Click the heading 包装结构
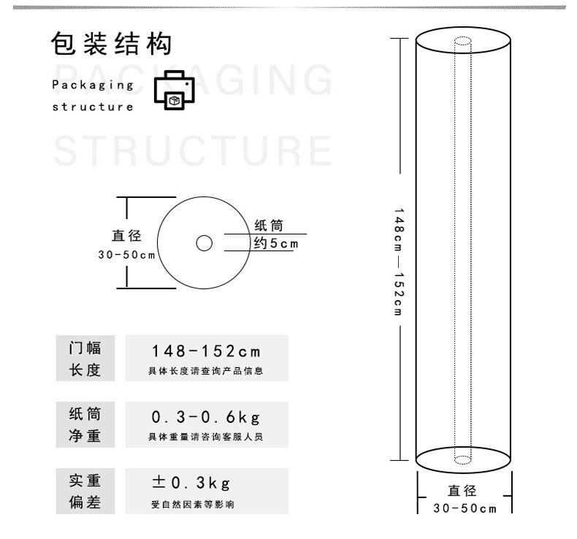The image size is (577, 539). click(x=111, y=43)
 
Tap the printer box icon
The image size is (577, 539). click(x=174, y=90)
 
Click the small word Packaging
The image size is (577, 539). click(x=93, y=85)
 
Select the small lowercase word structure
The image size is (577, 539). click(x=93, y=107)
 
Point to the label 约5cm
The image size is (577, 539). click(x=276, y=243)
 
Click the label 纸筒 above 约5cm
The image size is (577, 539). click(x=269, y=225)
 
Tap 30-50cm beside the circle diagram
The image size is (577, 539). click(x=126, y=255)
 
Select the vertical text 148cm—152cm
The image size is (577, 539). click(x=399, y=262)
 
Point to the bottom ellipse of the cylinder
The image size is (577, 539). click(x=463, y=473)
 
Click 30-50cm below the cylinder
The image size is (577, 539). click(x=465, y=508)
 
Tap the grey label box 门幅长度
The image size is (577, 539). click(x=85, y=358)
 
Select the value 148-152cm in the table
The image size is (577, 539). click(x=206, y=351)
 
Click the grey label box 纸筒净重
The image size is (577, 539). click(x=85, y=424)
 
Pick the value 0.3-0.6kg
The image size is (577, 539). click(x=206, y=417)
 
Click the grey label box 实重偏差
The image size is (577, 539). click(x=85, y=492)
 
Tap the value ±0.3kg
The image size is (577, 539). click(x=191, y=483)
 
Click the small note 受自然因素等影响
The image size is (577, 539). click(x=193, y=504)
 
